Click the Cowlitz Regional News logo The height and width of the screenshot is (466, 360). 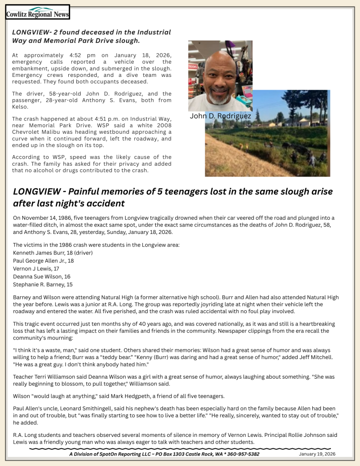(x=37, y=12)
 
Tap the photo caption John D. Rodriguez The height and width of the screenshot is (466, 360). (x=220, y=116)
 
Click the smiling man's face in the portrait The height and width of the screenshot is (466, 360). (x=220, y=78)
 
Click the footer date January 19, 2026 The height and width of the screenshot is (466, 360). (x=317, y=454)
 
